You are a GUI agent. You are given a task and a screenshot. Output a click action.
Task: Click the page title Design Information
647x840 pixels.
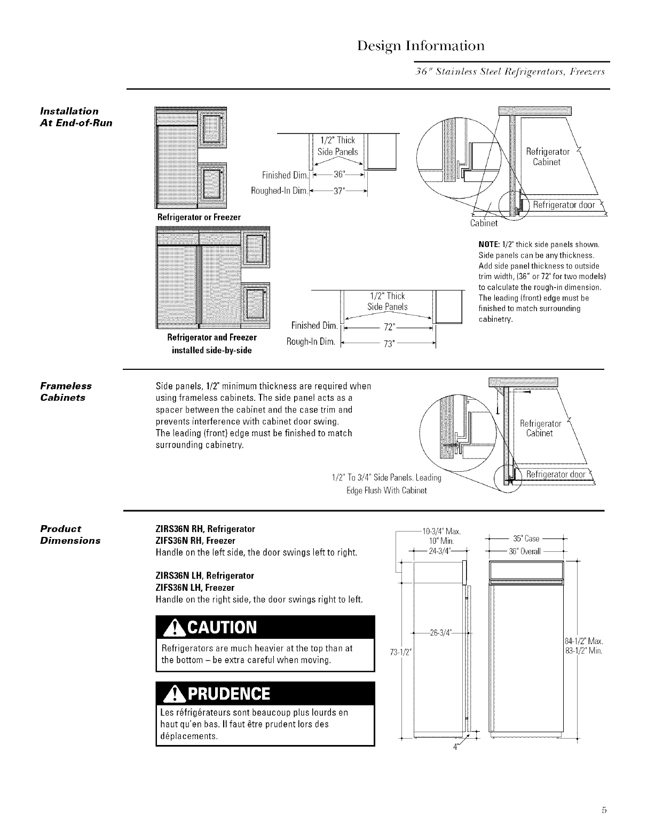(421, 45)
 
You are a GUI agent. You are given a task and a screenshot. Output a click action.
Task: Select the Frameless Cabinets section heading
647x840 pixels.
(67, 391)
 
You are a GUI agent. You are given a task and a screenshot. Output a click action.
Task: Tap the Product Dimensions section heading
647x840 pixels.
(70, 534)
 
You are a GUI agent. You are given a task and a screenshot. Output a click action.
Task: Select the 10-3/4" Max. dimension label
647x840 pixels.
(441, 531)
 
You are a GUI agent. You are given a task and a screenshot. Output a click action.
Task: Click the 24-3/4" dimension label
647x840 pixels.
(441, 551)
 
